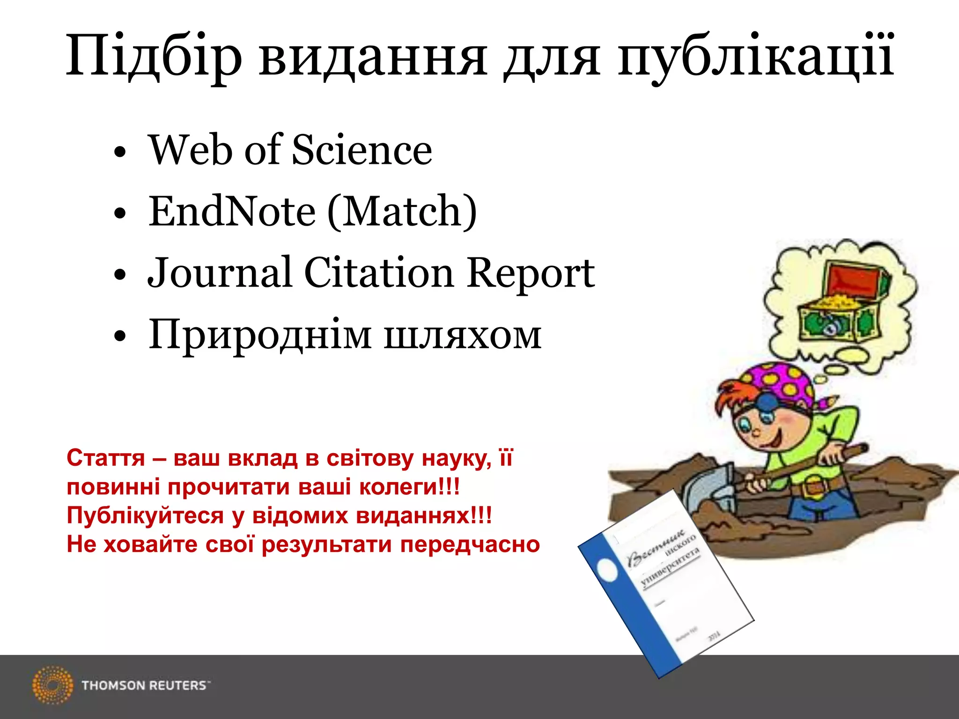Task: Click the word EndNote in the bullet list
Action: tap(232, 212)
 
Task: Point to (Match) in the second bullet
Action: tap(402, 212)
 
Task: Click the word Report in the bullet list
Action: tap(531, 274)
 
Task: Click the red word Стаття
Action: tap(106, 458)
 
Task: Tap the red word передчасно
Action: tap(470, 544)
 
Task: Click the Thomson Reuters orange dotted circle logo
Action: tap(53, 685)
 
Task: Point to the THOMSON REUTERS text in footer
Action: tap(145, 685)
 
